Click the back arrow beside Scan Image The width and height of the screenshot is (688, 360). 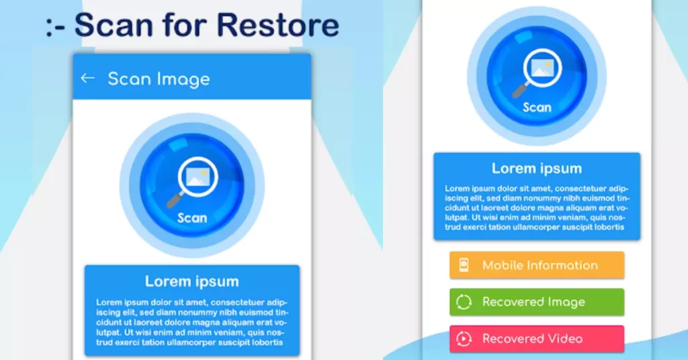point(88,78)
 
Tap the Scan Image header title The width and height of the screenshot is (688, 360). point(159,79)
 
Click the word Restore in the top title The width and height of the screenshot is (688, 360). point(277,25)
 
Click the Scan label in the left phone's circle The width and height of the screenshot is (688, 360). point(191,218)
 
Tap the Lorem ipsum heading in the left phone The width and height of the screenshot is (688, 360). point(191,281)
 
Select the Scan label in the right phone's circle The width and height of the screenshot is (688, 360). point(537,107)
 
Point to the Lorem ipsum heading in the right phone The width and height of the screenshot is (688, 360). point(537,169)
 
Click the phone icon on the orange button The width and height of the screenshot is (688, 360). point(464,265)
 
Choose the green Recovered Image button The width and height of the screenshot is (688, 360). point(537,302)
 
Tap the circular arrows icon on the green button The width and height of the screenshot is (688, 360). point(464,302)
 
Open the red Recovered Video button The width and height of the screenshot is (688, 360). point(537,339)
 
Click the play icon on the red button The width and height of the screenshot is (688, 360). point(464,339)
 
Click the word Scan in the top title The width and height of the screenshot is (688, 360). point(114,25)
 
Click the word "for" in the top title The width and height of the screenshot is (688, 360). point(185,25)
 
